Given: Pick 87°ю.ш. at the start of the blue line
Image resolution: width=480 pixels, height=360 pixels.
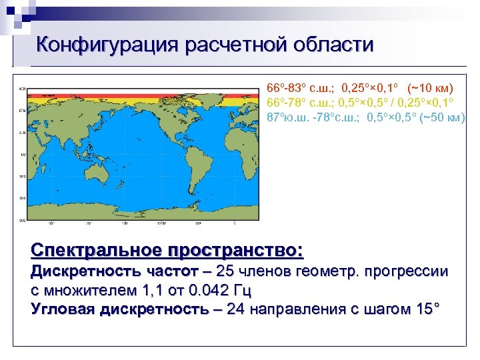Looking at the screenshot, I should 287,117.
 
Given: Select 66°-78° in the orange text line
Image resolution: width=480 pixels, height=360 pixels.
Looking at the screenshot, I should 286,103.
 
